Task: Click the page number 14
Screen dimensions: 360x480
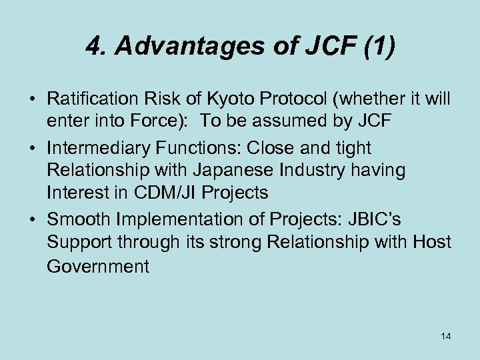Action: [x=445, y=336]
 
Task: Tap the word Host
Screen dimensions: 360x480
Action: [x=433, y=242]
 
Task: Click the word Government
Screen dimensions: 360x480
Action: [x=98, y=266]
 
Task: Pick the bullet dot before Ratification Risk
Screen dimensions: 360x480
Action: [x=31, y=99]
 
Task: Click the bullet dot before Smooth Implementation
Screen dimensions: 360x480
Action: [x=31, y=219]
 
